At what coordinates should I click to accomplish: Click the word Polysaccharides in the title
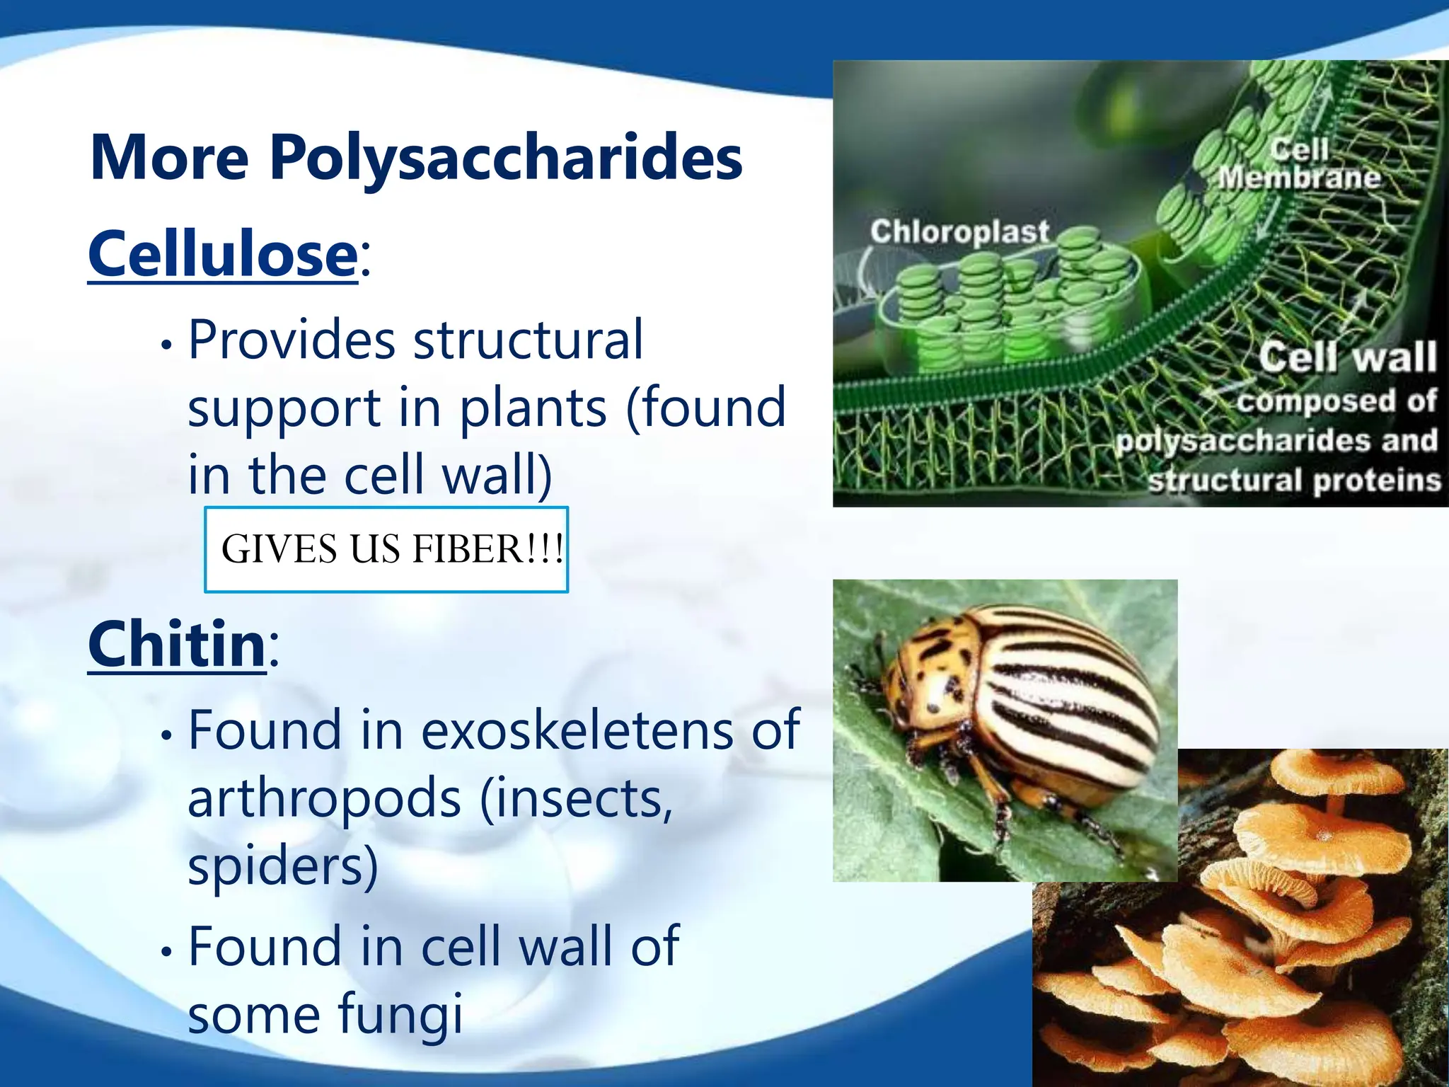(506, 159)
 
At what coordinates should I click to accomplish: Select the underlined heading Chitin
(177, 644)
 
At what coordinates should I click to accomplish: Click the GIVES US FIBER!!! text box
(386, 550)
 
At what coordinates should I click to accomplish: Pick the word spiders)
(283, 866)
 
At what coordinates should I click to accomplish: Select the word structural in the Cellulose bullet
(529, 340)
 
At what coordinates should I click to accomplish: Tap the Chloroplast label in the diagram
(959, 231)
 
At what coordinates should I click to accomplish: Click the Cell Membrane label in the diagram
(1299, 164)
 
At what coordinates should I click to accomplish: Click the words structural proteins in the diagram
(1295, 481)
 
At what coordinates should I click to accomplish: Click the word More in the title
(170, 159)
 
